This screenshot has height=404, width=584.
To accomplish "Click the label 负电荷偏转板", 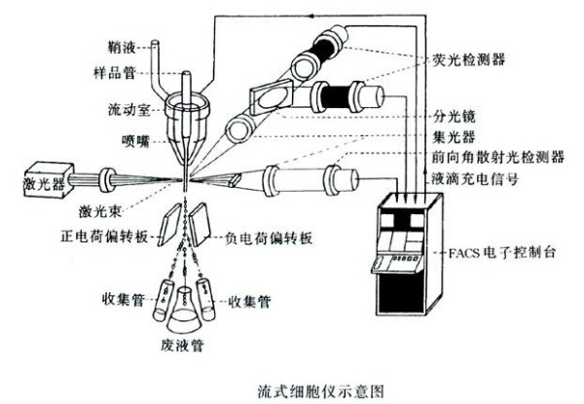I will (x=262, y=236).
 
